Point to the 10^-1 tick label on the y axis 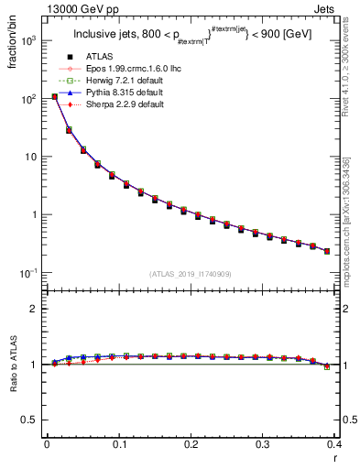(x=29, y=273)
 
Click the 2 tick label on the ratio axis (x=35, y=309)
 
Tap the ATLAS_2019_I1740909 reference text (x=190, y=274)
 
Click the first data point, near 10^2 (x=54, y=96)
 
